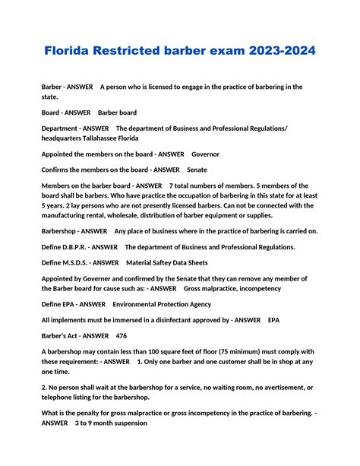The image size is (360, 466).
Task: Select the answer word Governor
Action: pos(205,154)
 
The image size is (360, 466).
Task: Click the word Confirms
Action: pos(58,170)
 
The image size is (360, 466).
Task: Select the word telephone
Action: pos(58,398)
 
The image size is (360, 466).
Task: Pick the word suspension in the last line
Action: pos(126,423)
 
